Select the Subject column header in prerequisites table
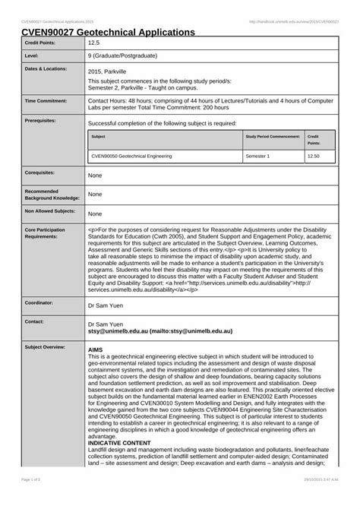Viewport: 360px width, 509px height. tap(98, 136)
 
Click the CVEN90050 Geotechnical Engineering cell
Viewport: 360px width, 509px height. tap(131, 156)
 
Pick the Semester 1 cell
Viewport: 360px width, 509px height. tap(257, 156)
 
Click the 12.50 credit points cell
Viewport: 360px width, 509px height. tap(313, 156)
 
